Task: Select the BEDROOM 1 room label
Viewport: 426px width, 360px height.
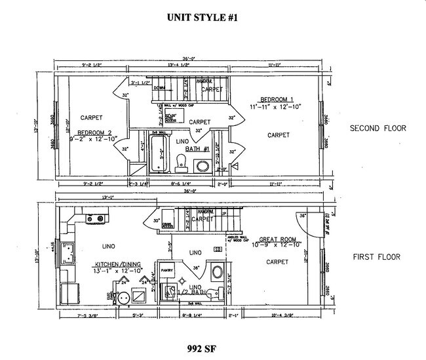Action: tap(275, 102)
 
